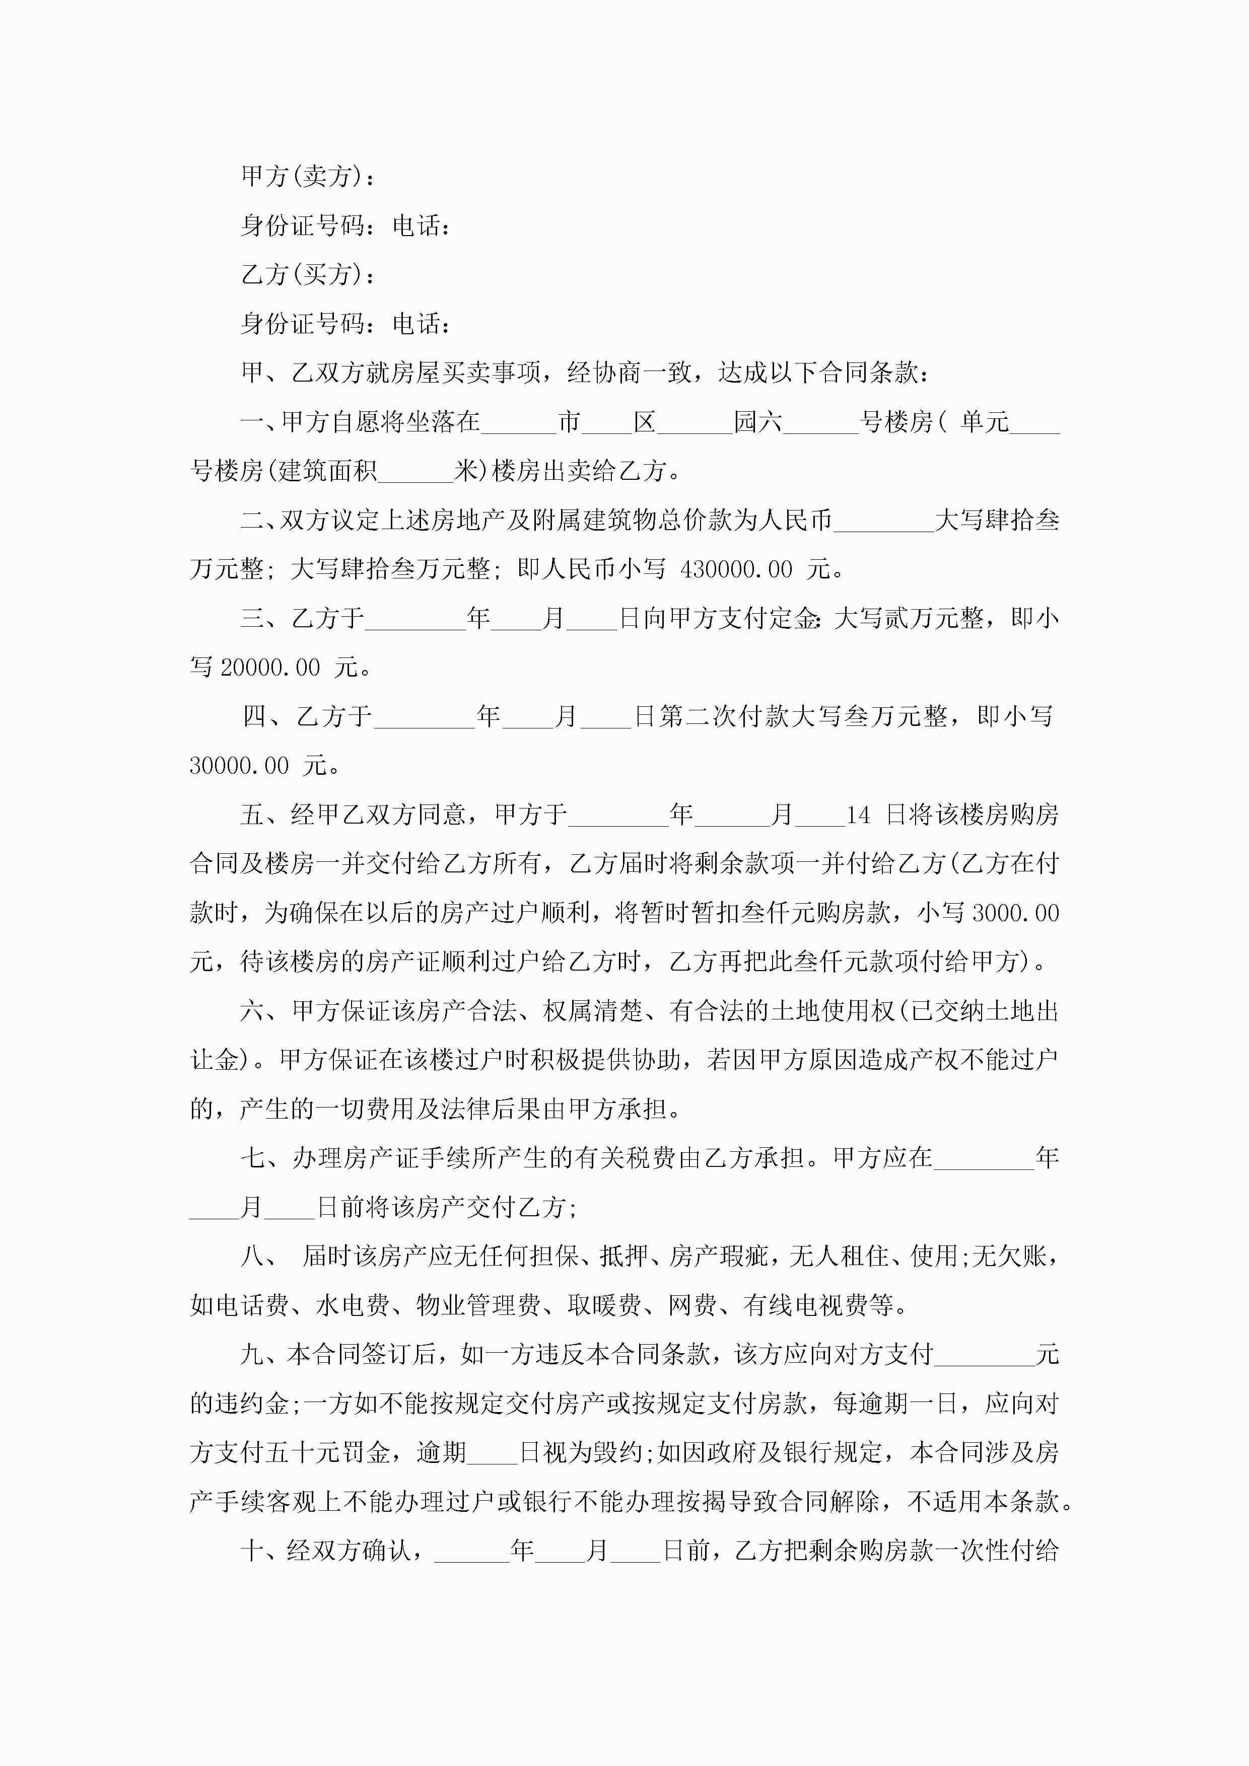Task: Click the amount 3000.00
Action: click(1016, 913)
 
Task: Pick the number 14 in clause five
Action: click(858, 815)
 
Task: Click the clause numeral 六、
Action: click(262, 1011)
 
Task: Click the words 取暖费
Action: click(604, 1305)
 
